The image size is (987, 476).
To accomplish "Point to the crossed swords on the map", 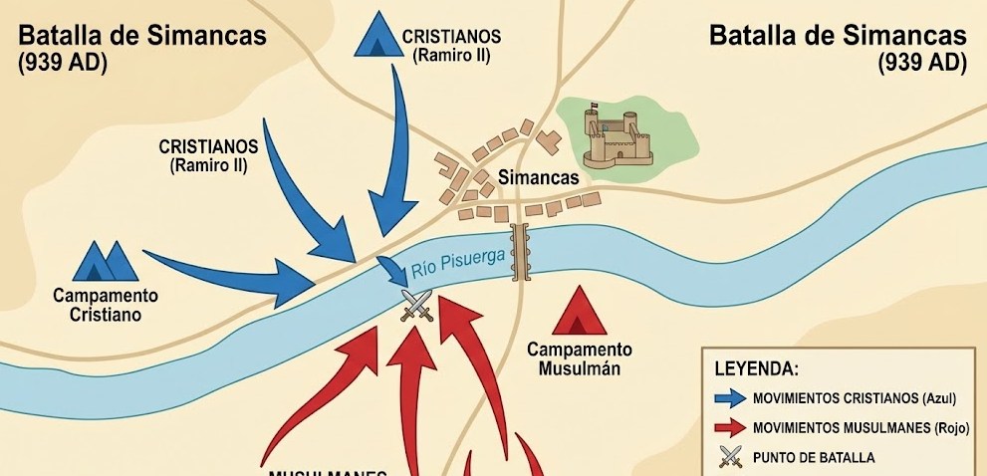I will point(414,305).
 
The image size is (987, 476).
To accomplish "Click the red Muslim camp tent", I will point(580,314).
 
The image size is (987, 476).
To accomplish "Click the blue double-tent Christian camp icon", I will point(106,261).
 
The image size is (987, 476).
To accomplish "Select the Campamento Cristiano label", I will point(106,305).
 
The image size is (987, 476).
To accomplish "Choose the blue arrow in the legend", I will point(730,398).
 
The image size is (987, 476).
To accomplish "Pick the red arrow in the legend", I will point(730,427).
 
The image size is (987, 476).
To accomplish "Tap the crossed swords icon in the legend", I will point(730,457).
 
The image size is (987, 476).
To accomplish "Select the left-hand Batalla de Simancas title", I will point(142,36).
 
